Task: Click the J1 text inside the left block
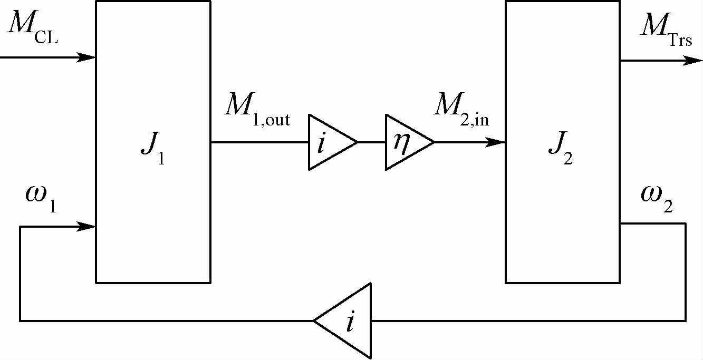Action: point(152,151)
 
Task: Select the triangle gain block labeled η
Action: point(406,142)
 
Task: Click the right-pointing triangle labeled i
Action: point(330,142)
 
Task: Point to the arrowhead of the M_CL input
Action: point(88,57)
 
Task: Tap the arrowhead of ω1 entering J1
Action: point(88,227)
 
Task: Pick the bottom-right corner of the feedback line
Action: point(686,320)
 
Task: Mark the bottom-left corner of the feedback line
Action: point(20,320)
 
